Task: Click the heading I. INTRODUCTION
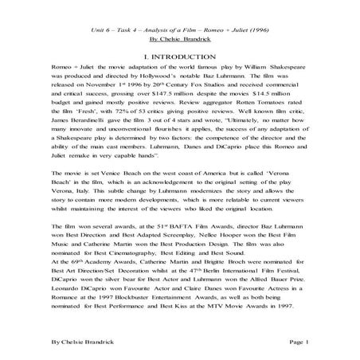[x=179, y=58]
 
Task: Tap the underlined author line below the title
[x=179, y=37]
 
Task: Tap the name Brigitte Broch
[x=227, y=289]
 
